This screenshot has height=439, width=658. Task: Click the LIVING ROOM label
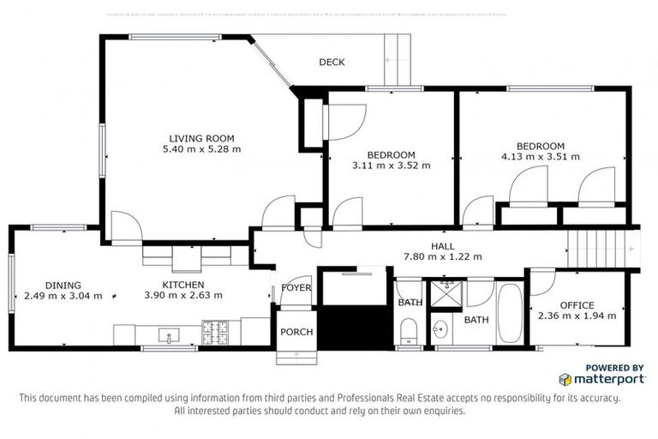click(x=201, y=138)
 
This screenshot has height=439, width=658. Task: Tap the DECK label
click(x=332, y=63)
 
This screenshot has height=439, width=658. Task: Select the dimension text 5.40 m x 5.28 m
click(x=201, y=149)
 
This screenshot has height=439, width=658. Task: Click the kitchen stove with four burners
click(x=213, y=329)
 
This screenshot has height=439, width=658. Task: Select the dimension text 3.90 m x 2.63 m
click(x=183, y=296)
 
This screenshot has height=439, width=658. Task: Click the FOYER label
click(x=296, y=288)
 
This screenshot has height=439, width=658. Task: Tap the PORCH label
click(x=296, y=332)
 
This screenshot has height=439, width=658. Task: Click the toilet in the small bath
click(x=409, y=330)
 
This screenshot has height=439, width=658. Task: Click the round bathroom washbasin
click(x=442, y=328)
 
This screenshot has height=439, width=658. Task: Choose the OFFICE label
click(x=577, y=305)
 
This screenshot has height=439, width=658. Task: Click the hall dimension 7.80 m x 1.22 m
click(x=442, y=256)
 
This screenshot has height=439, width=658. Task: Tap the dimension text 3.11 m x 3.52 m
click(x=392, y=165)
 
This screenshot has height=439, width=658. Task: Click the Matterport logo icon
click(x=565, y=378)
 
